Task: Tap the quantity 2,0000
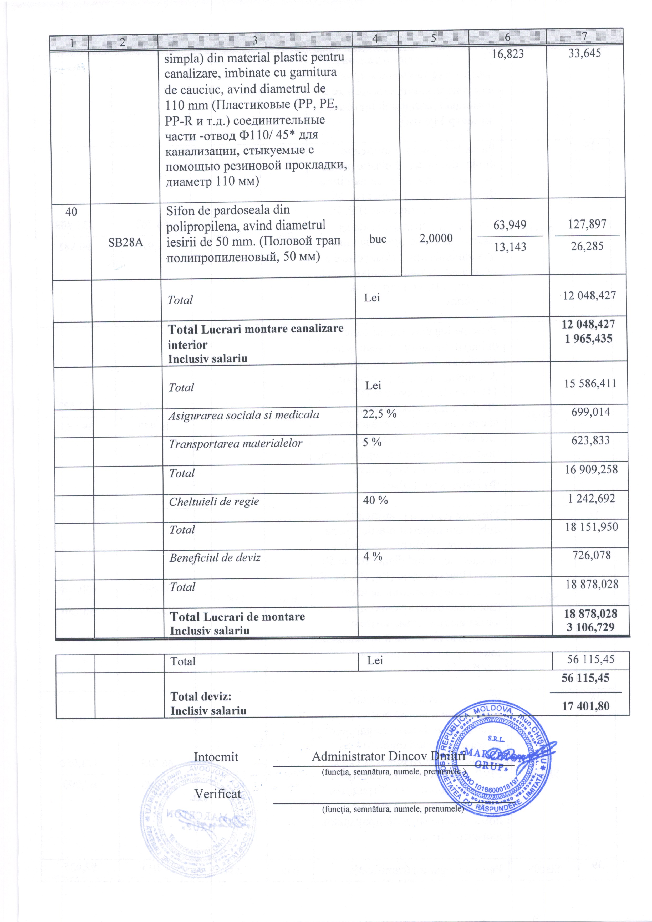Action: pyautogui.click(x=436, y=239)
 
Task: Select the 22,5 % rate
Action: pyautogui.click(x=379, y=414)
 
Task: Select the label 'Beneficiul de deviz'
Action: pyautogui.click(x=215, y=558)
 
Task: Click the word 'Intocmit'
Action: pyautogui.click(x=216, y=757)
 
